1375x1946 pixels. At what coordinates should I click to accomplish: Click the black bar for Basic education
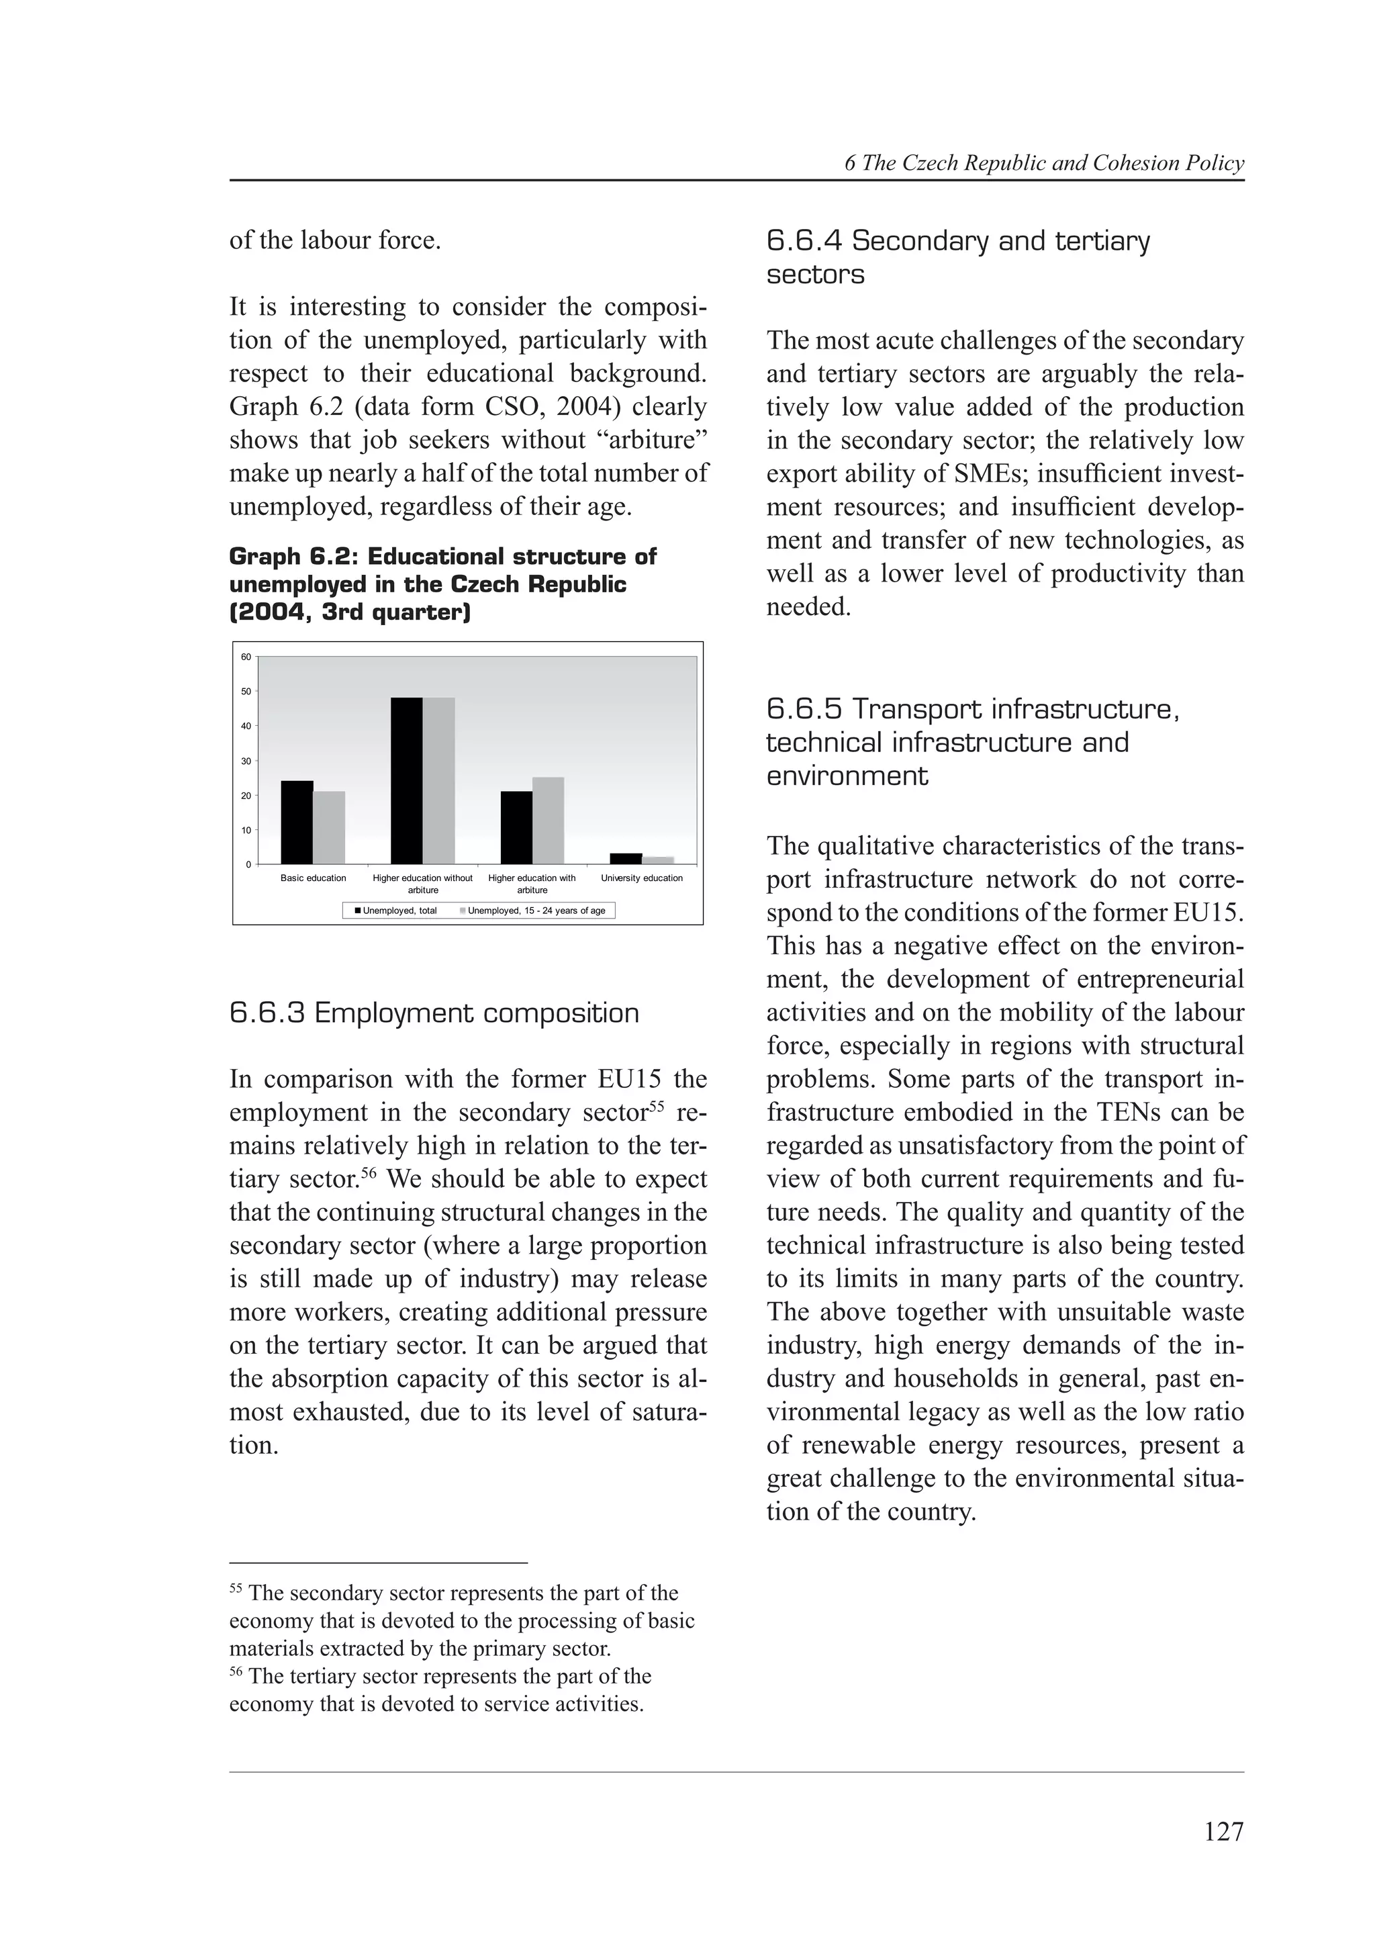[297, 822]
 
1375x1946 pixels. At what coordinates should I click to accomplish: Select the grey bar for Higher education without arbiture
[439, 780]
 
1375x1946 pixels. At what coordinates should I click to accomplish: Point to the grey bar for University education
[657, 860]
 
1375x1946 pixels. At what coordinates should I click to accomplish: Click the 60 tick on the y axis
[246, 657]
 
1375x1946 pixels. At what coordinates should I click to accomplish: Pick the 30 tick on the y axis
[246, 761]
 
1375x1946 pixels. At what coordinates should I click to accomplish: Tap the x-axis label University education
[641, 878]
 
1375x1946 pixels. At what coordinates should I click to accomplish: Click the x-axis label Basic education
[313, 878]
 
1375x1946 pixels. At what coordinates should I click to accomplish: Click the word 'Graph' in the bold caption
[265, 557]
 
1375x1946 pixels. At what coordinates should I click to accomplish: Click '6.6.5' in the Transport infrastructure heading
[804, 709]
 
